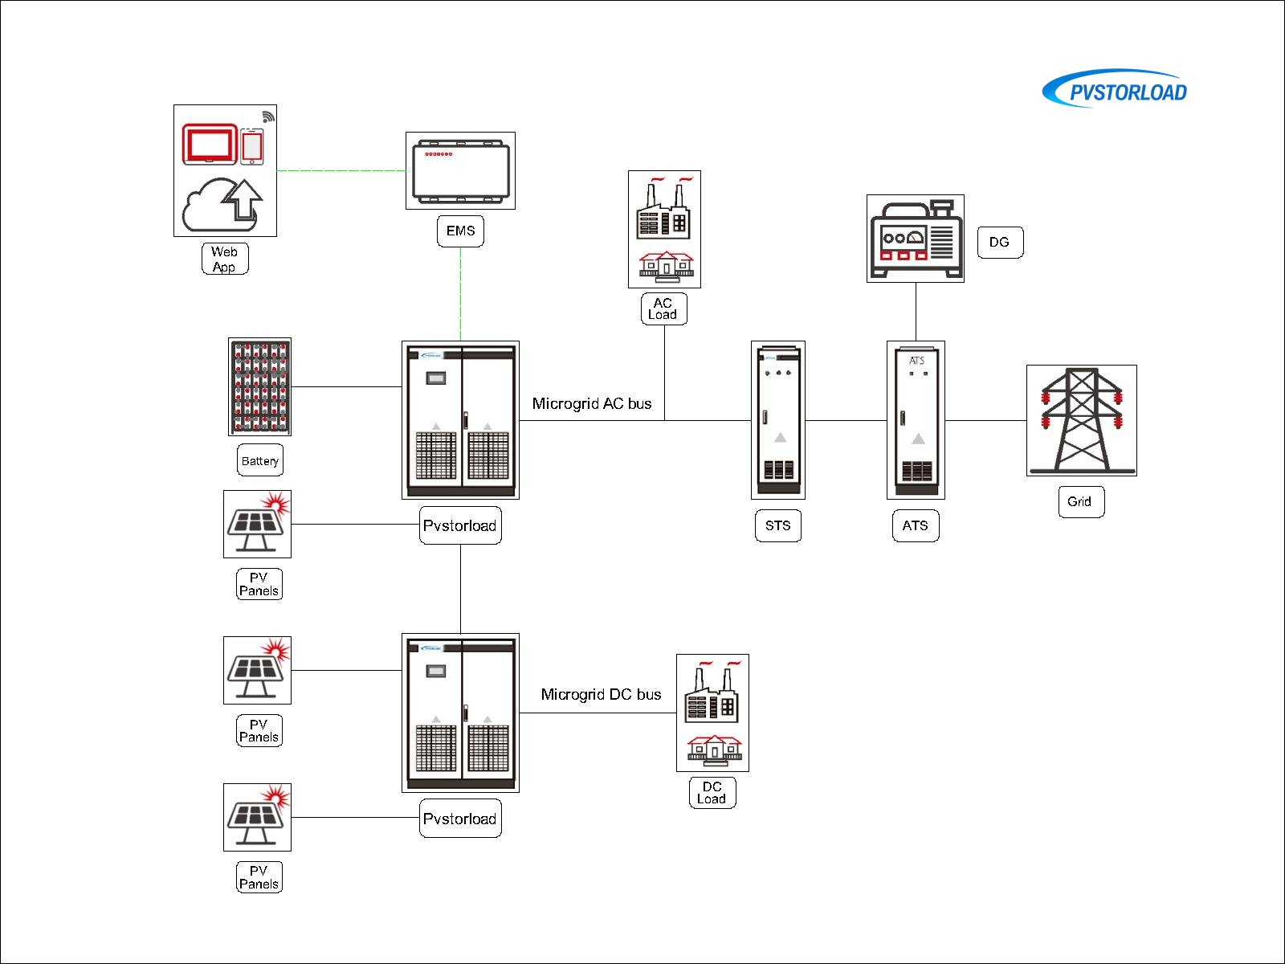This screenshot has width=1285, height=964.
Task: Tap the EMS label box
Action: click(x=460, y=231)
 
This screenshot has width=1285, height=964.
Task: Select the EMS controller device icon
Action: click(x=460, y=171)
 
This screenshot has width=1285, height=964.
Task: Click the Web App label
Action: click(x=225, y=259)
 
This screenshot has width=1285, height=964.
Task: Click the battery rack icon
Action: click(x=259, y=386)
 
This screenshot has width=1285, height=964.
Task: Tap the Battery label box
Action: click(x=260, y=460)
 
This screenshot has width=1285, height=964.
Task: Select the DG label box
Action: click(x=1000, y=242)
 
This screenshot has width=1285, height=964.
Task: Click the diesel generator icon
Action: click(x=916, y=239)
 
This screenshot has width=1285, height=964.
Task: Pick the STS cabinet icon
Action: click(x=778, y=419)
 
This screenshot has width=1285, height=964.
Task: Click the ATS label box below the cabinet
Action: click(x=916, y=525)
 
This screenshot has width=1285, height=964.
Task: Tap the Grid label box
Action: click(x=1081, y=501)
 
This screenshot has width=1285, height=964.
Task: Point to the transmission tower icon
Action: click(x=1082, y=420)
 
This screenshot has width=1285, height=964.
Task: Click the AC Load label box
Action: click(x=663, y=308)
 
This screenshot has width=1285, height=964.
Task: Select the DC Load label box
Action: click(x=712, y=792)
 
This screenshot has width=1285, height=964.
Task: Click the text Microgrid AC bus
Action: click(x=592, y=403)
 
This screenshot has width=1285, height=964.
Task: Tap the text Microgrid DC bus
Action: click(x=601, y=694)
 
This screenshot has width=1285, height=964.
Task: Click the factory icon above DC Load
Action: click(x=712, y=692)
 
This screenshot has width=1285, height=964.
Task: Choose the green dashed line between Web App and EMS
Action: click(x=341, y=170)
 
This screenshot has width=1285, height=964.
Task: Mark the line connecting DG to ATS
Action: click(x=916, y=312)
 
